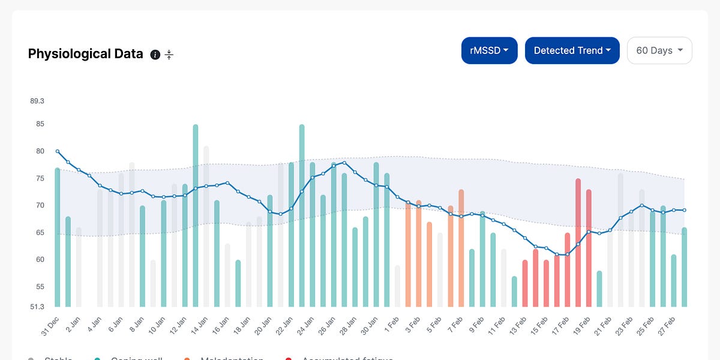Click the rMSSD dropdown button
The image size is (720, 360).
(x=489, y=50)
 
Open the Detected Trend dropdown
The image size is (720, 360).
(x=572, y=50)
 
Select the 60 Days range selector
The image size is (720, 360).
(x=659, y=50)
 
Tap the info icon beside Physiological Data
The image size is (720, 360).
(x=155, y=55)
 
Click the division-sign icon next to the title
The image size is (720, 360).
(x=169, y=55)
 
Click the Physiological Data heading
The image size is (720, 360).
(x=85, y=54)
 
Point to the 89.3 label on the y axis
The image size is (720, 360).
(x=37, y=101)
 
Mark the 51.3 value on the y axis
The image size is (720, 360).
(x=37, y=307)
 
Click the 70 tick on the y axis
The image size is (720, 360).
(x=39, y=205)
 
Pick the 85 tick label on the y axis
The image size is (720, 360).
(x=39, y=124)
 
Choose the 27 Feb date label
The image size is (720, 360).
(x=668, y=323)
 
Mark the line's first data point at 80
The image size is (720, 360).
(x=58, y=151)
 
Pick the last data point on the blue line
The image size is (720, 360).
(x=685, y=210)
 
